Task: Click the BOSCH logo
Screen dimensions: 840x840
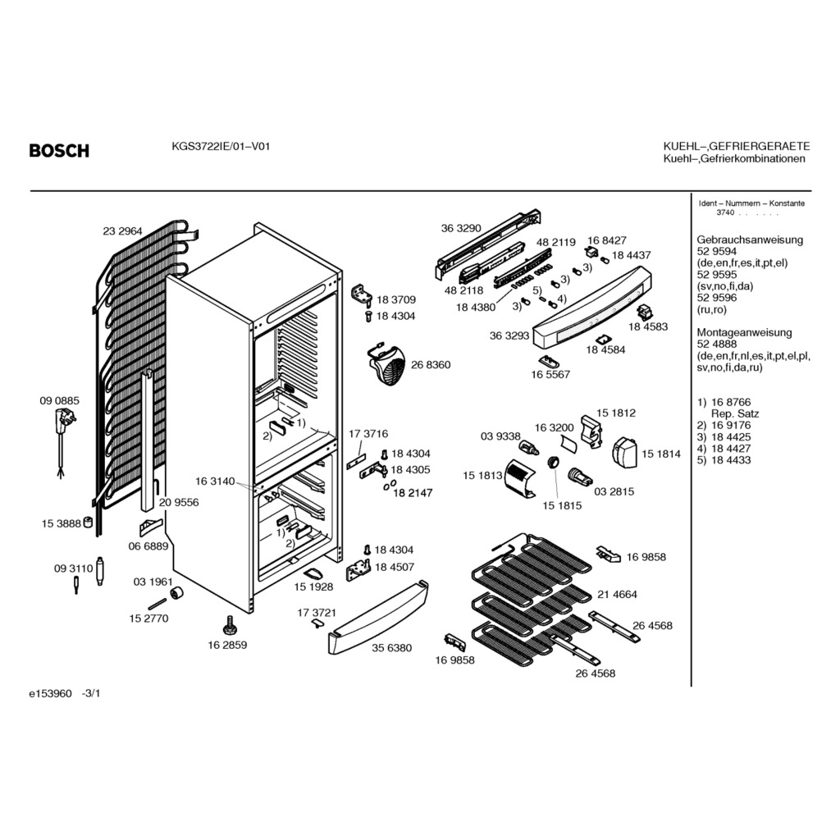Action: (59, 151)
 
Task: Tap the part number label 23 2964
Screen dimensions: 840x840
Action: (122, 231)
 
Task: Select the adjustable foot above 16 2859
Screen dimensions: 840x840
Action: (227, 626)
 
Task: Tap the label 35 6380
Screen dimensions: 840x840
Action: (391, 648)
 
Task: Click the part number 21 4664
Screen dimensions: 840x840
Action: (618, 594)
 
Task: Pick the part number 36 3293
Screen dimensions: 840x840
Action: (509, 336)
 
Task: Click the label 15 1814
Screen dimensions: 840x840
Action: (660, 454)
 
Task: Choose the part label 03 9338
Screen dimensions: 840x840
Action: (500, 436)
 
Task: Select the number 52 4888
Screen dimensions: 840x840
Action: (716, 345)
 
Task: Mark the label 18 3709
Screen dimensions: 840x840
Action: (396, 300)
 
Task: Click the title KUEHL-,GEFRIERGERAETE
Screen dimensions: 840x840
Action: (736, 146)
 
